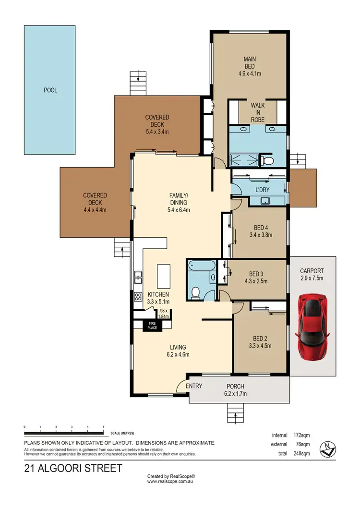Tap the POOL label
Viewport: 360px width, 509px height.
tap(50, 90)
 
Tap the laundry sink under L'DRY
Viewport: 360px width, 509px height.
tap(264, 201)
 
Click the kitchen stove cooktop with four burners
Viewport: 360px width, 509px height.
tap(138, 296)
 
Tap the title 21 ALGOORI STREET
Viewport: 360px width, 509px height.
tap(73, 468)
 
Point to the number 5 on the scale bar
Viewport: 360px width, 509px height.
tap(103, 426)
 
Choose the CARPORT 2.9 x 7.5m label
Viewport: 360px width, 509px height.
tap(312, 274)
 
